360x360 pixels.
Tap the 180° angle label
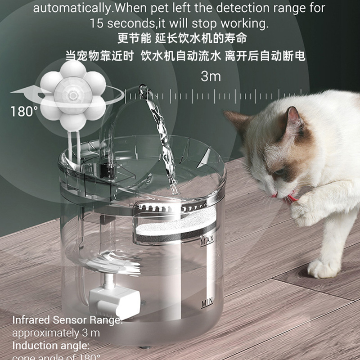tap(24, 111)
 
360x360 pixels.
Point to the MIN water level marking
tap(207, 302)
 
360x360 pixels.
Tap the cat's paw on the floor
tap(322, 268)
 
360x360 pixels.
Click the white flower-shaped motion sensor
tap(72, 94)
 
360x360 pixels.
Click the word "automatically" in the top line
tap(70, 8)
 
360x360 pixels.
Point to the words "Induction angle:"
tap(50, 346)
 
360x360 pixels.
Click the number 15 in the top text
tap(97, 22)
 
